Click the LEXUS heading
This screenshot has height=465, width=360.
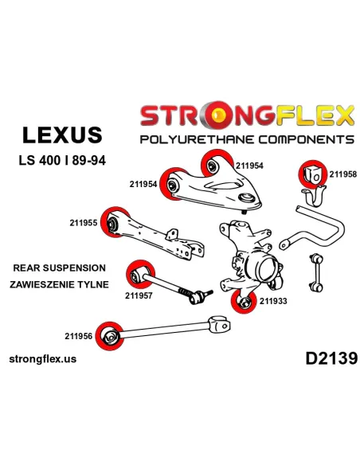coord(62,135)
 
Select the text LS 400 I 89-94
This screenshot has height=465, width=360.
coord(62,160)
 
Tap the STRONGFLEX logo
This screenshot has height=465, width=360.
coord(248,115)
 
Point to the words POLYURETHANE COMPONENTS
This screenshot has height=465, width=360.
coord(248,139)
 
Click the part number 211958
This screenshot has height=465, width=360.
coord(342,174)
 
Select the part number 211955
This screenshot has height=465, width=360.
coord(84,223)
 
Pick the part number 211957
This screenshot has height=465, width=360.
coord(139,295)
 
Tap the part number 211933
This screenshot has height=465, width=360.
coord(273,301)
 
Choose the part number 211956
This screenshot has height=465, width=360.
coord(79,336)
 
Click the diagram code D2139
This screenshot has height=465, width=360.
coord(331,358)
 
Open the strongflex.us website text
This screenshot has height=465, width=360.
coord(43,359)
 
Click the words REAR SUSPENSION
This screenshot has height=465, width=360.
coord(59,268)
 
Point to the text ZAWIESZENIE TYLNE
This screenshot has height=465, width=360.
coord(59,284)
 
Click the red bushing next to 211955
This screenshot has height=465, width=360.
coord(114,222)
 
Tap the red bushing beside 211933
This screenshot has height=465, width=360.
coord(244,301)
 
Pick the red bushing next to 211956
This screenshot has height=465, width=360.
coord(109,336)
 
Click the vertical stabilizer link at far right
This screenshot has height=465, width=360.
coord(315,272)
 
